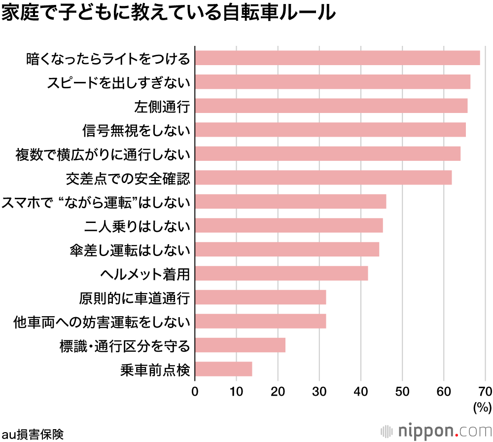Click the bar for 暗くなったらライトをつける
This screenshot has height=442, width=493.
pos(337,58)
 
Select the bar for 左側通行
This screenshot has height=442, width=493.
pos(331,106)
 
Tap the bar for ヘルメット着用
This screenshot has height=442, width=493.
pos(281,273)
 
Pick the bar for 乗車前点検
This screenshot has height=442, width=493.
pos(223,369)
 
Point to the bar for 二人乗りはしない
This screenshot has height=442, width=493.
pos(288,225)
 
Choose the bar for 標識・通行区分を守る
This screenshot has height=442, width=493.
pos(240,345)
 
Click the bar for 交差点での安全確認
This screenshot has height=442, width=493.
pos(323,178)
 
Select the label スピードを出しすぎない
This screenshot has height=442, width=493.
pos(118,82)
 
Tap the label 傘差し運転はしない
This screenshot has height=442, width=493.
pos(130,250)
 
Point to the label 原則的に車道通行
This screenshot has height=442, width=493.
pos(134,298)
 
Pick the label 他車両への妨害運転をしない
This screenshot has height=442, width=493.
pos(102,322)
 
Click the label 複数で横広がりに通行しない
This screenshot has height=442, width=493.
pos(103,154)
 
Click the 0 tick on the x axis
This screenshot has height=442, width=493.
pos(195,392)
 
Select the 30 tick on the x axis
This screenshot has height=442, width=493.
pos(319,392)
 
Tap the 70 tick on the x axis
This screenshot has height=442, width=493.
pos(485,392)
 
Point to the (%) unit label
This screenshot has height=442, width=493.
pos(482,407)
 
